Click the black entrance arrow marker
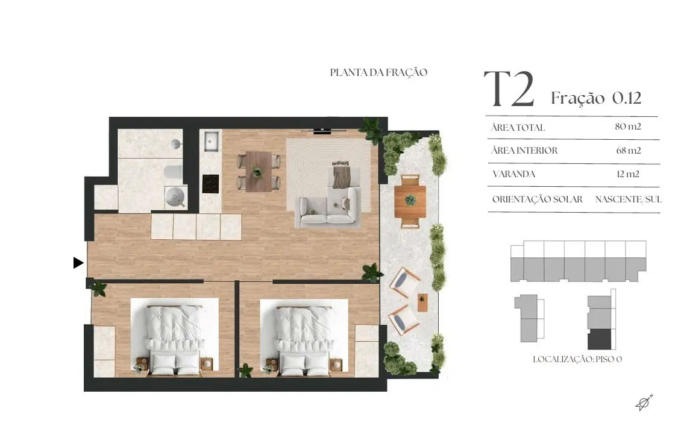click(x=78, y=263)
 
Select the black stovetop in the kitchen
click(x=211, y=184)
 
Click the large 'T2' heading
click(x=509, y=90)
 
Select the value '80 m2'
click(x=628, y=127)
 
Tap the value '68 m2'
click(x=628, y=151)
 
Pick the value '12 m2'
click(x=628, y=174)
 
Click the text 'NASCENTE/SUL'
click(x=628, y=199)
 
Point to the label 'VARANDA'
click(x=513, y=174)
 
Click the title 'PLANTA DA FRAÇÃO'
click(x=379, y=72)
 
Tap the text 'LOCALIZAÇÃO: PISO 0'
click(x=577, y=359)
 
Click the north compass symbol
click(x=644, y=403)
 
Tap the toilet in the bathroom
click(x=173, y=172)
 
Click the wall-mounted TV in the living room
click(x=322, y=130)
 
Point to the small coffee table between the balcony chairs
click(x=422, y=302)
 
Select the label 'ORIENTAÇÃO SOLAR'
click(x=538, y=199)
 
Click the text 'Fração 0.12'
click(x=596, y=98)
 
